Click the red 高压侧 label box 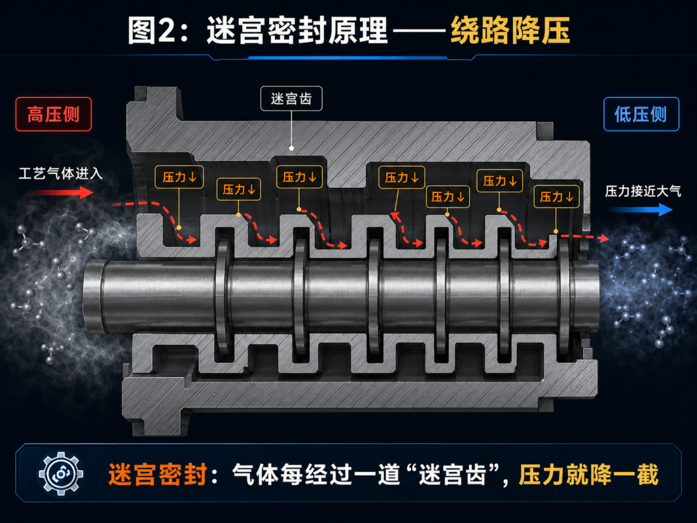[x=54, y=114]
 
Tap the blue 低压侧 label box [x=641, y=114]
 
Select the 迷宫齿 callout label [x=291, y=98]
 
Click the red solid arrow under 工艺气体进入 [x=60, y=192]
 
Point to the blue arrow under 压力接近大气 [x=641, y=209]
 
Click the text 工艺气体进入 [x=61, y=173]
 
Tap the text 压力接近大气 [x=643, y=191]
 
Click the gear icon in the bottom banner [x=61, y=474]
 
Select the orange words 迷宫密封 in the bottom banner [x=157, y=475]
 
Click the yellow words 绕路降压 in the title [x=510, y=30]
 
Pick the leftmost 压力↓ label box [x=179, y=177]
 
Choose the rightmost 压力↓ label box [x=556, y=196]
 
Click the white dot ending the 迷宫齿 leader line [x=292, y=148]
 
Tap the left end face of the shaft [x=94, y=296]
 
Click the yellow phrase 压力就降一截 [x=588, y=475]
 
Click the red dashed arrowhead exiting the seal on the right [x=603, y=238]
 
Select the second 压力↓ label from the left [x=239, y=189]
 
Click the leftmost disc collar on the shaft [x=223, y=296]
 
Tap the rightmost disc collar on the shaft [x=563, y=296]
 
